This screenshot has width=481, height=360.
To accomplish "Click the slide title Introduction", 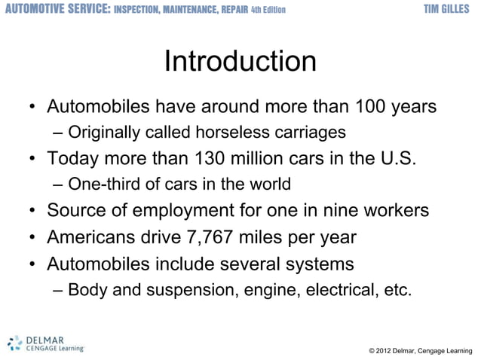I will [x=240, y=62].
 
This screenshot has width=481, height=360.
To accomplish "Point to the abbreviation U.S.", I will [x=396, y=160].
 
